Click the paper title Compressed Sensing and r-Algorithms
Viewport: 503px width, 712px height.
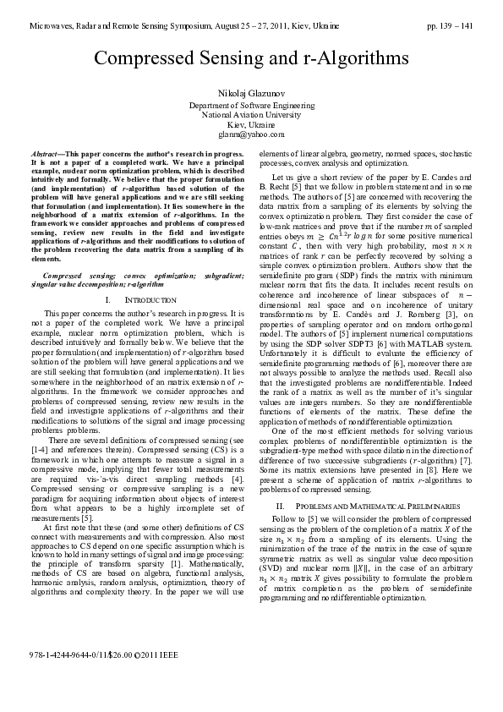251,58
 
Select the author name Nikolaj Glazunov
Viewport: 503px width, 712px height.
251,90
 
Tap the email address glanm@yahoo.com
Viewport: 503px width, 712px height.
251,134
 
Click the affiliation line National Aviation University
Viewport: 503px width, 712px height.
251,114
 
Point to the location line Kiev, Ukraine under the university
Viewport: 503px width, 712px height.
251,124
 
